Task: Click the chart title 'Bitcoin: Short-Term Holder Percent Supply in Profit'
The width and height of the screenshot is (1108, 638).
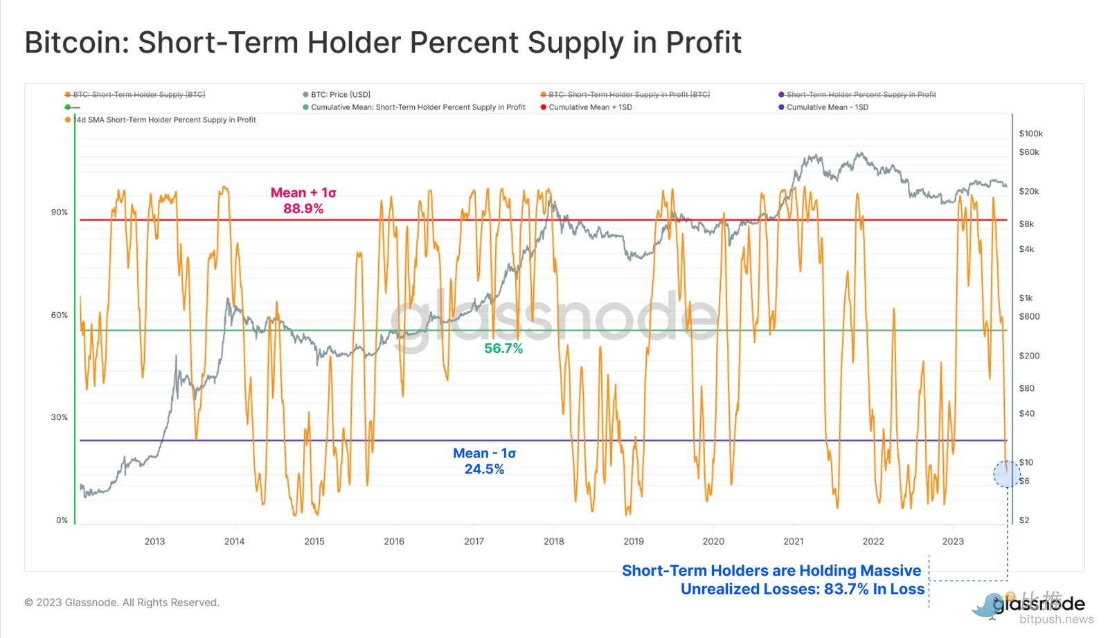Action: pyautogui.click(x=383, y=42)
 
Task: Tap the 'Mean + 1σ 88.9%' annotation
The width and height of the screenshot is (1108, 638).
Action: pyautogui.click(x=303, y=201)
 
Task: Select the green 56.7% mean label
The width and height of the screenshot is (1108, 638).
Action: pyautogui.click(x=503, y=349)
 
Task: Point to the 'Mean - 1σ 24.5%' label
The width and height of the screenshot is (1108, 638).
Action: pyautogui.click(x=484, y=461)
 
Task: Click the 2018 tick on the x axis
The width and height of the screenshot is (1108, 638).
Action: pyautogui.click(x=553, y=541)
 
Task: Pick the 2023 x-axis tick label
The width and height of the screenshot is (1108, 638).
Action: pyautogui.click(x=953, y=541)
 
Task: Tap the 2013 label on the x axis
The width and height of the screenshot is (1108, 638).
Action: pyautogui.click(x=154, y=541)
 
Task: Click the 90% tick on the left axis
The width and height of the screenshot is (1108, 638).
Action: pyautogui.click(x=59, y=212)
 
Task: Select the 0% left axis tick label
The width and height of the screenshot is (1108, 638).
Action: pyautogui.click(x=62, y=520)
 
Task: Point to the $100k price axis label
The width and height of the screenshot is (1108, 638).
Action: pyautogui.click(x=1030, y=134)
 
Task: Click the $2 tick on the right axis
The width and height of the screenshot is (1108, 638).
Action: pyautogui.click(x=1024, y=520)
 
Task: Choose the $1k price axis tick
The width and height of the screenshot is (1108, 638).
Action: pyautogui.click(x=1026, y=298)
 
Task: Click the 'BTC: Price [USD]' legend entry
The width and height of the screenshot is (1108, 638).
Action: pyautogui.click(x=340, y=95)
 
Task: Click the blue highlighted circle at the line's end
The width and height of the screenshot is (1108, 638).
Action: pyautogui.click(x=1007, y=474)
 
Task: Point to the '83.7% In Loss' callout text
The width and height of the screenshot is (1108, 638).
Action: pyautogui.click(x=803, y=589)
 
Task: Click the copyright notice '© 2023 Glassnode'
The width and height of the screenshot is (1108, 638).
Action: pyautogui.click(x=122, y=603)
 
